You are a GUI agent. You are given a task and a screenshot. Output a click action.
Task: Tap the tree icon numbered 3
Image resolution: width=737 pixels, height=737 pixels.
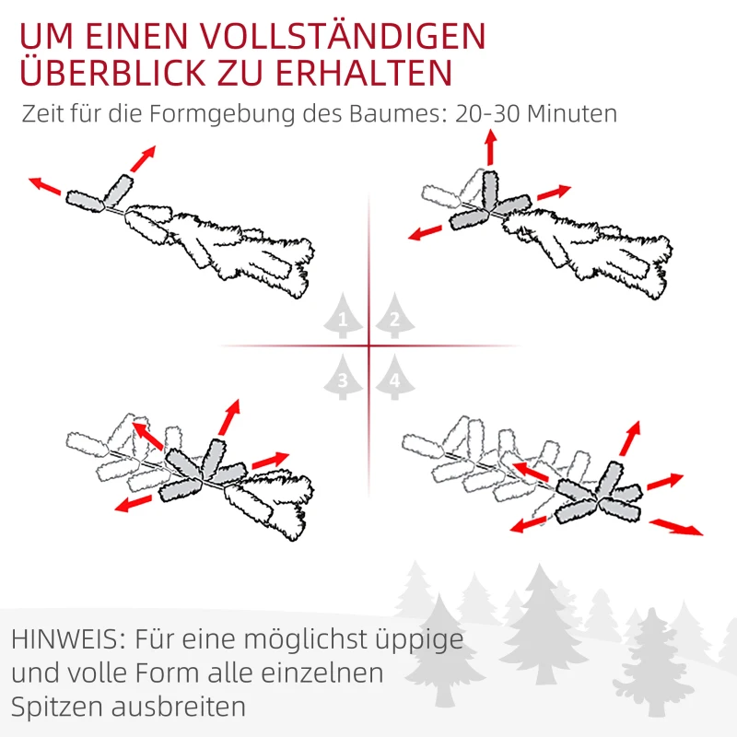[344, 378]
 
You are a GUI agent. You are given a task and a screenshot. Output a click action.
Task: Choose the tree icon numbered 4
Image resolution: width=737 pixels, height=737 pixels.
[393, 378]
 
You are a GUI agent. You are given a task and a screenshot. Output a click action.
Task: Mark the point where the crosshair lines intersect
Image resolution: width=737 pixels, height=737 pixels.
[368, 346]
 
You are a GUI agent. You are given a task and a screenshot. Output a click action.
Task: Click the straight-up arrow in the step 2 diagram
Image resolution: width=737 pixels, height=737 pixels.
[490, 146]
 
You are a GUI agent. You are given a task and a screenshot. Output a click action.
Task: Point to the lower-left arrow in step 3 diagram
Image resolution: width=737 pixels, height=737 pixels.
[135, 502]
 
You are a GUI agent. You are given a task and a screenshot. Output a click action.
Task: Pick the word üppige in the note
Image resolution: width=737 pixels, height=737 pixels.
[418, 638]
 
